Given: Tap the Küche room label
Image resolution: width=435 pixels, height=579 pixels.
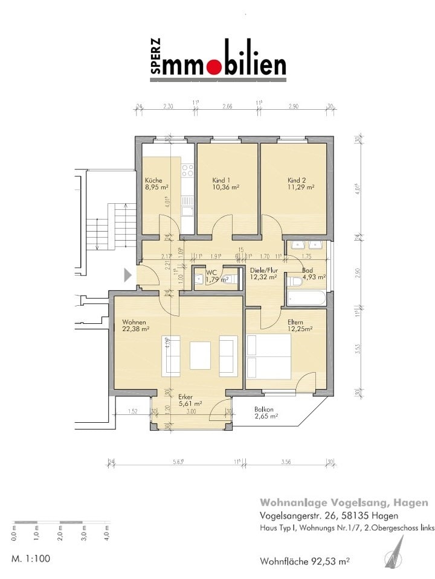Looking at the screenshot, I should point(153,180).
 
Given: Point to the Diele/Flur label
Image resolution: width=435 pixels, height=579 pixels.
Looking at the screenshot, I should point(263,270).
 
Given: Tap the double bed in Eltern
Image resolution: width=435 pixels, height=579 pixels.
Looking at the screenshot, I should point(269,356).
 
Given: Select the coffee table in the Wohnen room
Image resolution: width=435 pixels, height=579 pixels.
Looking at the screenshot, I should point(200,355).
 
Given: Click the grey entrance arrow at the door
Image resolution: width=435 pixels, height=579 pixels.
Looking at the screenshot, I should point(127,276).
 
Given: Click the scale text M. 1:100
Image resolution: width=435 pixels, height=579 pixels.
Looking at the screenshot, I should point(30,558).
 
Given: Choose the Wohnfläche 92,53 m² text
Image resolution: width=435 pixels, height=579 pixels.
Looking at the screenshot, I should point(304,561).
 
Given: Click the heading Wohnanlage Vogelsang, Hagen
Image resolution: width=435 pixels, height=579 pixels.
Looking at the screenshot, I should point(344,502).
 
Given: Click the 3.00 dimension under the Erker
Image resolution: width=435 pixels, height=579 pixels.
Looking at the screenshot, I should point(191,411).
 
